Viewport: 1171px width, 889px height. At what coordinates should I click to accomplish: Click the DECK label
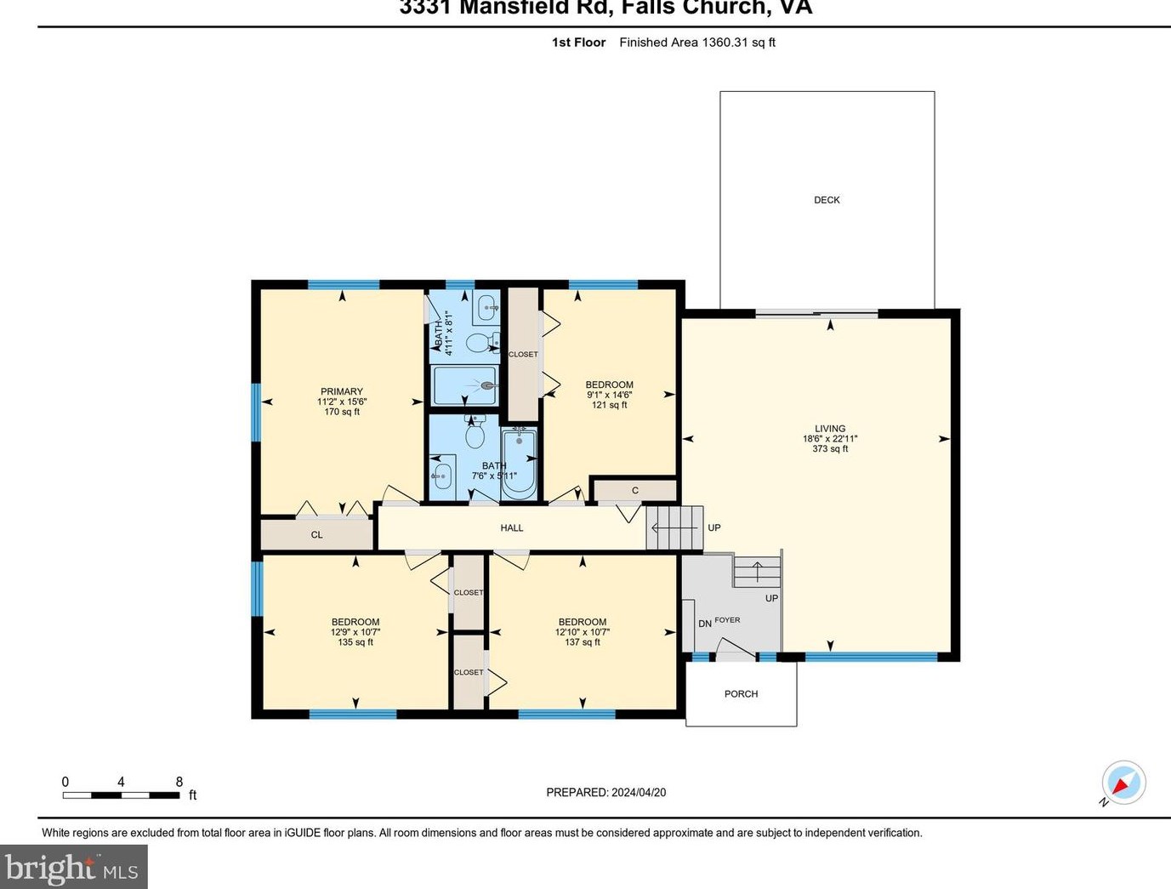point(827,200)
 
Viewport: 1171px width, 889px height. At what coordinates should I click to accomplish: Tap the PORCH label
point(741,694)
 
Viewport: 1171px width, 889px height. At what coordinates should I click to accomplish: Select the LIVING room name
point(830,429)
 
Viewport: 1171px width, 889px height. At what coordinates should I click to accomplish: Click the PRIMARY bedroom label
point(342,392)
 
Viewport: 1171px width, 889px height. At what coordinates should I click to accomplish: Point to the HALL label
point(512,528)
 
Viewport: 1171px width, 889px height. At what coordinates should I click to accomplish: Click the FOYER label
point(727,620)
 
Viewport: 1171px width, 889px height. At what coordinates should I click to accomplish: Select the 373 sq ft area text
point(830,449)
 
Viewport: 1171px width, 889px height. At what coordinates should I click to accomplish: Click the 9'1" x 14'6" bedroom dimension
point(610,395)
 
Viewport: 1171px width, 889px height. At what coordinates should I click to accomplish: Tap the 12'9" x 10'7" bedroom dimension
point(355,632)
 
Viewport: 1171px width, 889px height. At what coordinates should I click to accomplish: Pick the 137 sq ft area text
point(583,642)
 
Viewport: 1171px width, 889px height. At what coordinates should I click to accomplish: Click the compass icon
point(1123,782)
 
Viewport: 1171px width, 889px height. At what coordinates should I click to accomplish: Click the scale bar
point(121,795)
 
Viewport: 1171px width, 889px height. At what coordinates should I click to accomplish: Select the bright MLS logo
point(73,869)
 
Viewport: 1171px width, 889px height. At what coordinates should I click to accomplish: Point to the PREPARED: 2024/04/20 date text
point(605,793)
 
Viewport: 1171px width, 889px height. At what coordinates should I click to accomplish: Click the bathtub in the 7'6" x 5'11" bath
point(519,464)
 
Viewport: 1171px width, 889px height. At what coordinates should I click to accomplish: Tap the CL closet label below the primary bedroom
point(316,535)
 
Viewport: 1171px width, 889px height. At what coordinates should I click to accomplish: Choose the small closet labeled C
point(634,491)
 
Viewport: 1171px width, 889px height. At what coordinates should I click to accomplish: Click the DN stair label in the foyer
point(705,624)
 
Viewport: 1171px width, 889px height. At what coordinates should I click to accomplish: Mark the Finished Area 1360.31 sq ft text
point(697,43)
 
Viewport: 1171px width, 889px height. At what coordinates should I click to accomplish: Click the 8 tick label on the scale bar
point(179,782)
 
